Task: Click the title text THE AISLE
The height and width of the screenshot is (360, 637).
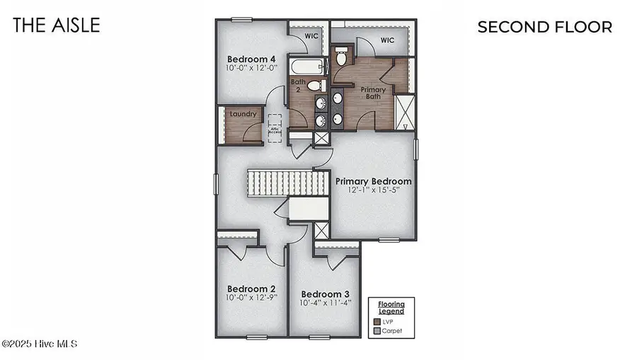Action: coord(57,25)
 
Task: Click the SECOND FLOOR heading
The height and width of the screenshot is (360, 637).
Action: coord(544,27)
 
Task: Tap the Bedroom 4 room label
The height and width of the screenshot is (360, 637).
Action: coord(251,59)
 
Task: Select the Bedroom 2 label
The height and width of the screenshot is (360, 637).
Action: coord(251,289)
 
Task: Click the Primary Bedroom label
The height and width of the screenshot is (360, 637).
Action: coord(373,181)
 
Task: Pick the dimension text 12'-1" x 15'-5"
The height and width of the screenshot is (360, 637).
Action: coord(373,191)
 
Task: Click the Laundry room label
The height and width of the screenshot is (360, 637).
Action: coord(242,114)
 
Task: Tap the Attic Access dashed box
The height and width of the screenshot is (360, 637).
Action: coord(275,129)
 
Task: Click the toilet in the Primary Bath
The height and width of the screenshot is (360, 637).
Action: coord(340,57)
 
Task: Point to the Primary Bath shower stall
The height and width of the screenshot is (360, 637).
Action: coord(405,112)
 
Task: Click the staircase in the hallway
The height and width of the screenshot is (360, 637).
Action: coord(287,183)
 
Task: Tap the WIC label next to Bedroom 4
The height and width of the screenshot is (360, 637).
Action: coord(311,35)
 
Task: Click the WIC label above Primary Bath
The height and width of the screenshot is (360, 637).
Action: coord(386,40)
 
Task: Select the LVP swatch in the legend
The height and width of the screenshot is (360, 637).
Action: coord(377,320)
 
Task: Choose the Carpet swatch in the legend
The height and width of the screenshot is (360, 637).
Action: coord(377,330)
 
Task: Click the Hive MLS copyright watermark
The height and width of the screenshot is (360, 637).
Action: coord(40,344)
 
